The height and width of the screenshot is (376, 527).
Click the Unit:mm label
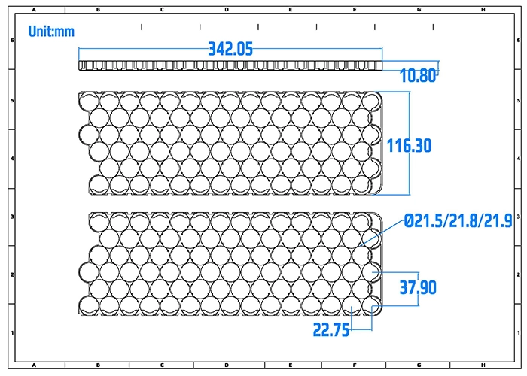(x=52, y=32)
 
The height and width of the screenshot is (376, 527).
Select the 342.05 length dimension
(x=230, y=49)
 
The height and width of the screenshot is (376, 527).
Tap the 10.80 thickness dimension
(x=418, y=76)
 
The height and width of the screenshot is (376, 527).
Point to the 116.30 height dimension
(x=409, y=145)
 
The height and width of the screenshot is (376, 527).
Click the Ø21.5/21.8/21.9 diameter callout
(x=458, y=221)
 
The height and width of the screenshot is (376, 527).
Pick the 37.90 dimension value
(x=418, y=287)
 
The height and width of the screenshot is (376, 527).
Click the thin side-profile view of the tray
(x=230, y=66)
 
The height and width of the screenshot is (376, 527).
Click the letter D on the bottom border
(x=227, y=365)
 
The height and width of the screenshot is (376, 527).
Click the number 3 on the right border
(x=519, y=216)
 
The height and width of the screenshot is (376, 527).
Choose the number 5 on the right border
(x=519, y=99)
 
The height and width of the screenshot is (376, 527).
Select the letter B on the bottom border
(x=99, y=365)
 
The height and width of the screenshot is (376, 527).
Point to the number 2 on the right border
(x=519, y=274)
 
